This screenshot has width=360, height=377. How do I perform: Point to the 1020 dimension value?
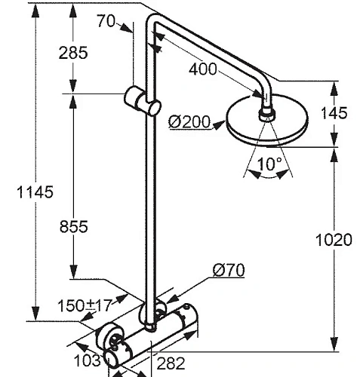click(x=334, y=241)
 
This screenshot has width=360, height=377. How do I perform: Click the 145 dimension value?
click(x=333, y=113)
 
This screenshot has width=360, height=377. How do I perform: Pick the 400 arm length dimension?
click(x=202, y=69)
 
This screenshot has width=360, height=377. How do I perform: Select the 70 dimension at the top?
click(x=107, y=20)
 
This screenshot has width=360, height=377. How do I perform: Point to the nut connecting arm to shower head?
click(x=267, y=115)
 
